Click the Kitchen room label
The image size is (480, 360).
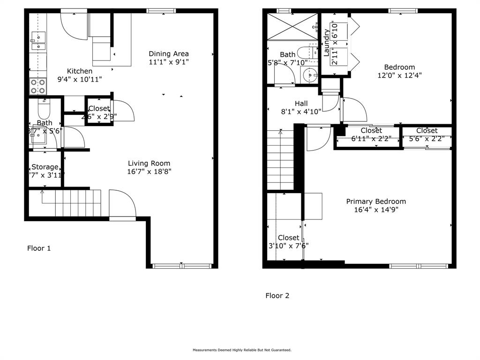click(x=79, y=71)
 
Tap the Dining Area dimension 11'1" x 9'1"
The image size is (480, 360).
click(x=169, y=62)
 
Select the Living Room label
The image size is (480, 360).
click(x=149, y=164)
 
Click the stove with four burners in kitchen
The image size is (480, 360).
click(x=38, y=86)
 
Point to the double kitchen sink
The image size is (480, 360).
click(x=37, y=41)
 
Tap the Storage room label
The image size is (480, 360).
click(x=45, y=167)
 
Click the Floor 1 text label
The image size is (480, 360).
click(x=39, y=248)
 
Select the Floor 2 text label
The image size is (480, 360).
click(x=277, y=296)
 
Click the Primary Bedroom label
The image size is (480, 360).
click(x=376, y=202)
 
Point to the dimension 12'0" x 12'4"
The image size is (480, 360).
click(x=399, y=75)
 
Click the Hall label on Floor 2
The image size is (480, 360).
click(x=301, y=104)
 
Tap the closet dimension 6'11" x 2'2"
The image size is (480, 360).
click(x=371, y=138)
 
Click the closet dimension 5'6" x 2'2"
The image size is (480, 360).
click(x=427, y=138)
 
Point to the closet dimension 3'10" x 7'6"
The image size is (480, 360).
click(x=288, y=246)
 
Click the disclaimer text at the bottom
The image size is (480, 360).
click(x=242, y=350)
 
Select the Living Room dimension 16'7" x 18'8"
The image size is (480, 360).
click(x=149, y=172)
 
